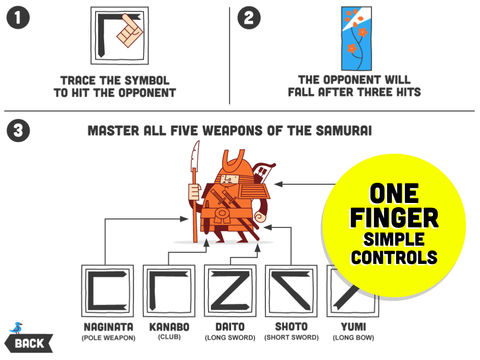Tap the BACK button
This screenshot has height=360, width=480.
pos(29,343)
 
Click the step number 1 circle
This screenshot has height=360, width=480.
pos(18,18)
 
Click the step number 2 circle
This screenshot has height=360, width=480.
pos(249,18)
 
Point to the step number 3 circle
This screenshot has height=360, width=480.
pos(18,130)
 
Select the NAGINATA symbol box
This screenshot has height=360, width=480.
pos(108,291)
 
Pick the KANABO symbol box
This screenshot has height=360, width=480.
pos(169,291)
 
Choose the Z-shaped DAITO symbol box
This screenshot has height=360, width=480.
pos(230,291)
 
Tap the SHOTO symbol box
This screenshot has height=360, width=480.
pos(292,291)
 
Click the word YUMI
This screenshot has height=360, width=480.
pos(353,327)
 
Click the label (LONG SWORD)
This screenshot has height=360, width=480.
pos(230,338)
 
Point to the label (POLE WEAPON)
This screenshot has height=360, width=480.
pos(108,338)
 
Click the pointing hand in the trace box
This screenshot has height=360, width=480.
pos(130,30)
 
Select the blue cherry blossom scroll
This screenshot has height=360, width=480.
pos(356,39)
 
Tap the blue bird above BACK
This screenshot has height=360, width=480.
pos(16,328)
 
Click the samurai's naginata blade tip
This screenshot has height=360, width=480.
pos(198,142)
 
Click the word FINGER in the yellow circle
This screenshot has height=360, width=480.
pos(394,218)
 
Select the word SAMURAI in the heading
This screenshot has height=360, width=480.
pos(343,131)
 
